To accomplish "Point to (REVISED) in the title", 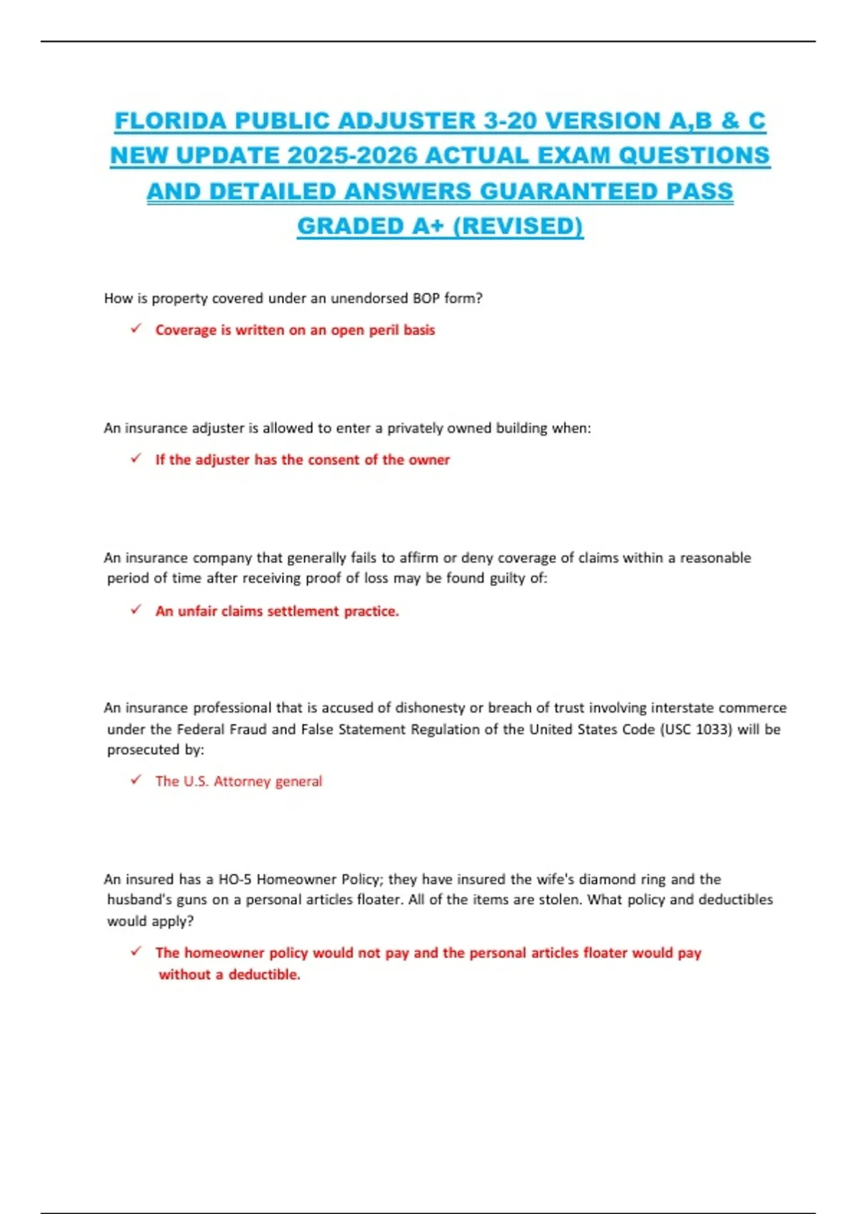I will coord(518,226).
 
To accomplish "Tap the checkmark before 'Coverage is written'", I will coord(136,328).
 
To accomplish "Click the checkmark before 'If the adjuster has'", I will coord(136,458).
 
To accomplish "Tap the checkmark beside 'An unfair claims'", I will coord(136,610).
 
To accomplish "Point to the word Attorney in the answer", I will coord(241,781).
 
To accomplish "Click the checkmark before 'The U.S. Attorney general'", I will coord(136,780).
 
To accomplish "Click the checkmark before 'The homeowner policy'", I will coord(136,951).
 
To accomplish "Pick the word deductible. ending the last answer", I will coord(264,975).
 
